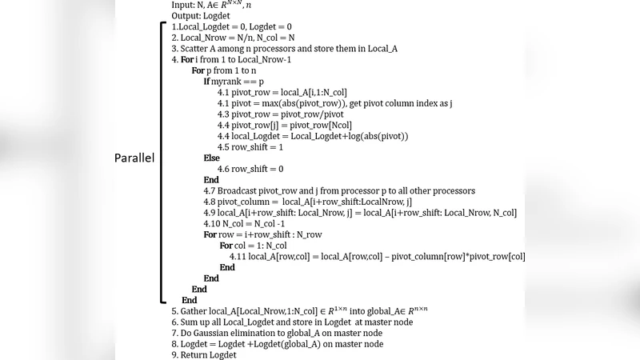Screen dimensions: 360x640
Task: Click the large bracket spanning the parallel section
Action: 162,160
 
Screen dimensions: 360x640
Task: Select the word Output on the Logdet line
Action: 186,15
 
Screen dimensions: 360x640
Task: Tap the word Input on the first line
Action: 182,4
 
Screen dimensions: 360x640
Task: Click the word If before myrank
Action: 206,81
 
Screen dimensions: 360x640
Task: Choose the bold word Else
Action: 211,158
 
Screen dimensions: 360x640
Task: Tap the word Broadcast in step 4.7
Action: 242,190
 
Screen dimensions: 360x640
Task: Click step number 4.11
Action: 238,256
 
